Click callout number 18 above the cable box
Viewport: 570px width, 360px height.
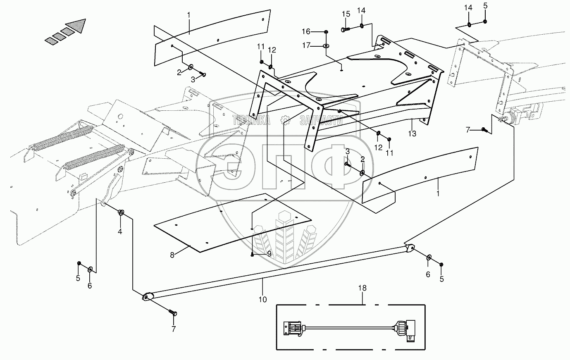(363, 288)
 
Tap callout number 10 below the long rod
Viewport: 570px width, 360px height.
(263, 300)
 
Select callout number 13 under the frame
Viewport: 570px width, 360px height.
(412, 134)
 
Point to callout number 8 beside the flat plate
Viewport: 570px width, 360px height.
(172, 255)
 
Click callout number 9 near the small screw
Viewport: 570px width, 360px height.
(269, 254)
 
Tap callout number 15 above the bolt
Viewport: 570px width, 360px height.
(346, 14)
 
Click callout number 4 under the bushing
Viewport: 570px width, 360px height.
(120, 231)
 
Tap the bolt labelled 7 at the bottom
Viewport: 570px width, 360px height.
(173, 313)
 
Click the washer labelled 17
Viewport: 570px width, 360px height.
(326, 45)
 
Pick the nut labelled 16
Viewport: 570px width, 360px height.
(327, 32)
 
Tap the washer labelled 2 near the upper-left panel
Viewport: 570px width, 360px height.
(191, 67)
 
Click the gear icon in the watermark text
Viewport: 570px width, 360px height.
(284, 120)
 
